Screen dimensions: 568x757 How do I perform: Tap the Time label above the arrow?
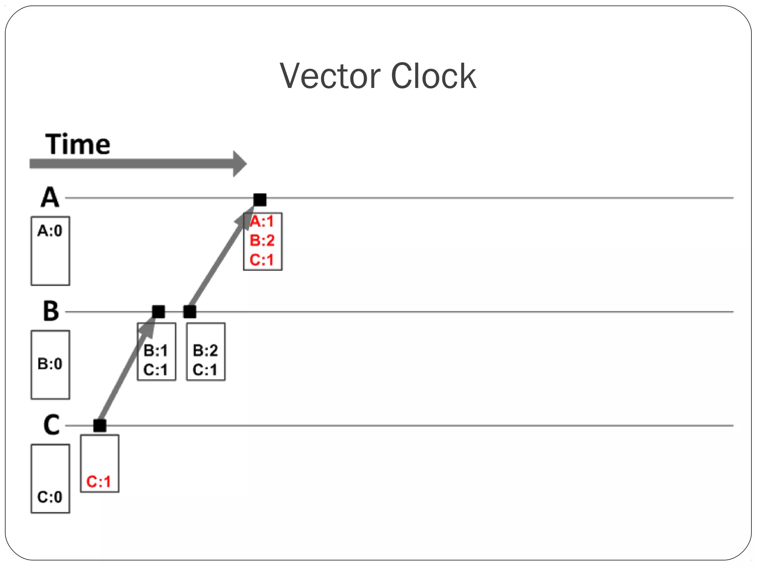click(x=78, y=144)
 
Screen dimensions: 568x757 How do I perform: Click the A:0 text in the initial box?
click(x=50, y=231)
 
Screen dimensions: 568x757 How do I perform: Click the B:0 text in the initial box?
click(x=50, y=364)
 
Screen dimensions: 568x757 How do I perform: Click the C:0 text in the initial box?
click(x=50, y=497)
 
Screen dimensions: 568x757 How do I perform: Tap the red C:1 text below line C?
click(x=98, y=481)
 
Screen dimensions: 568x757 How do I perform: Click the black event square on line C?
click(x=100, y=425)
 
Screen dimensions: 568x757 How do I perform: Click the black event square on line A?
click(x=260, y=200)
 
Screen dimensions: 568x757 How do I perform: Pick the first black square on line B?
click(x=159, y=312)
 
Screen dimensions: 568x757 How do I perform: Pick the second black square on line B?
click(x=190, y=312)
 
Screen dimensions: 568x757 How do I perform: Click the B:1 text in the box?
click(x=156, y=351)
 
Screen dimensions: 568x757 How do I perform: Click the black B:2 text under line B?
click(x=206, y=351)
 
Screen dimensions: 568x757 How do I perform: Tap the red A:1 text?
click(x=262, y=222)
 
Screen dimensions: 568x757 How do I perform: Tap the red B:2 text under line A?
click(x=262, y=240)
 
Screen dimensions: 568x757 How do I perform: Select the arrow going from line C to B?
click(x=126, y=373)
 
